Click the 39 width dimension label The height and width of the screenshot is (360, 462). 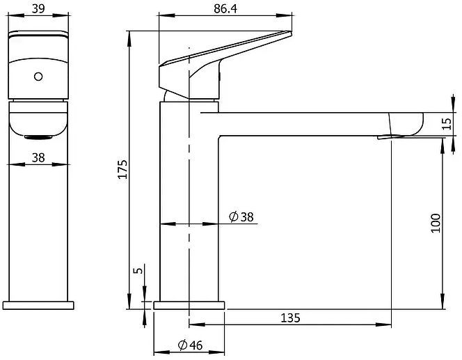click(x=38, y=8)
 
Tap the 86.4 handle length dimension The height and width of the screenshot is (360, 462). click(x=225, y=8)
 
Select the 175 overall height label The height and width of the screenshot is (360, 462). click(x=122, y=169)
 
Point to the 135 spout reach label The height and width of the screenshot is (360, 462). click(x=290, y=318)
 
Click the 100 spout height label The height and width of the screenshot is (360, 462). click(x=436, y=224)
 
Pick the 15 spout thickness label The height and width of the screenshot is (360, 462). click(x=447, y=123)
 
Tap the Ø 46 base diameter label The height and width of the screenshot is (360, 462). click(x=191, y=345)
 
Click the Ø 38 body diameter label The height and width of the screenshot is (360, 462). click(x=241, y=217)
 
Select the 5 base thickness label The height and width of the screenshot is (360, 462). click(x=138, y=270)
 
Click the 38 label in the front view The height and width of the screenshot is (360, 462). click(x=38, y=158)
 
